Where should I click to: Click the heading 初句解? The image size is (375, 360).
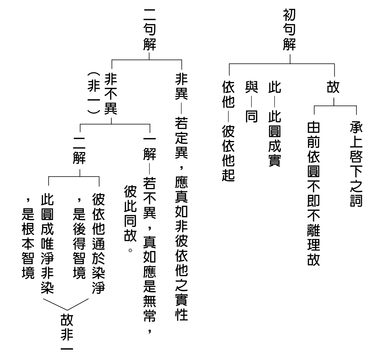click(x=289, y=29)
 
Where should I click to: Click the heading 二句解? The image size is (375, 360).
click(x=150, y=29)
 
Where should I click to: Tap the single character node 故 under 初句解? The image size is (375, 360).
click(x=333, y=87)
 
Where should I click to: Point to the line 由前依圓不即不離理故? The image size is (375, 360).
click(x=314, y=193)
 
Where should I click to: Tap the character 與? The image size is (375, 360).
click(x=251, y=87)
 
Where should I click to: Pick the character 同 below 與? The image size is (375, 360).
click(x=251, y=116)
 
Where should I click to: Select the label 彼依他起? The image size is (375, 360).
click(x=228, y=153)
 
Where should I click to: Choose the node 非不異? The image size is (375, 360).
click(x=111, y=94)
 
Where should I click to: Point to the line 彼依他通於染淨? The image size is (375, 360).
click(x=98, y=244)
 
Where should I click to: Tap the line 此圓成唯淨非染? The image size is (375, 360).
click(x=47, y=244)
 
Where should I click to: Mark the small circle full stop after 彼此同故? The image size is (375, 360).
click(x=130, y=250)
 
